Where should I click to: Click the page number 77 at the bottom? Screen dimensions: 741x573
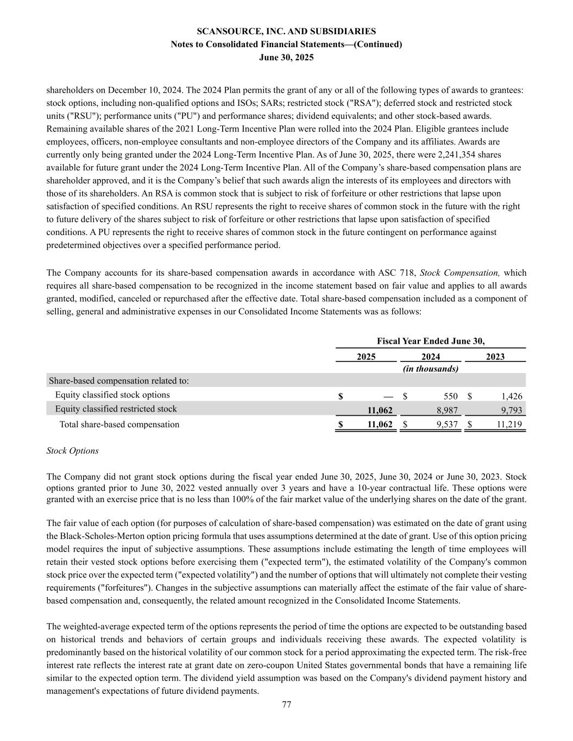pos(287,705)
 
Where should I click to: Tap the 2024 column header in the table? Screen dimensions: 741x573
pos(431,357)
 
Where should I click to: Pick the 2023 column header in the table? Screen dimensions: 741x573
pos(495,357)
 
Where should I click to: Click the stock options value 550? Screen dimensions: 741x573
pos(450,396)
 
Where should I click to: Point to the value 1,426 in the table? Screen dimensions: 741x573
pos(511,396)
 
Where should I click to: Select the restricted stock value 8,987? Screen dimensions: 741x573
pos(447,410)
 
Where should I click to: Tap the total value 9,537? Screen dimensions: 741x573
pos(447,425)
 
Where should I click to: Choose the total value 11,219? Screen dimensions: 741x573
pos(509,425)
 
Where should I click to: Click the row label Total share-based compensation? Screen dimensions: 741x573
pos(119,425)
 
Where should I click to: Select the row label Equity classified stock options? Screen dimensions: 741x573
pos(112,395)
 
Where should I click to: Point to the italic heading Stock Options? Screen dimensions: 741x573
pos(73,451)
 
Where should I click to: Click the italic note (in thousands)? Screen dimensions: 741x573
pos(431,369)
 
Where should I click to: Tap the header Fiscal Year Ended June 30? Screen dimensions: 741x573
pos(431,341)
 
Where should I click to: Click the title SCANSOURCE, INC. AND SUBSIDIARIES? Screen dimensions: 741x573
pos(286,31)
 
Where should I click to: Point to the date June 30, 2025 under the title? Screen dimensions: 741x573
pos(286,58)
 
